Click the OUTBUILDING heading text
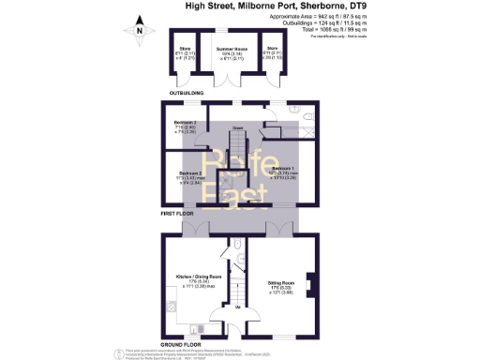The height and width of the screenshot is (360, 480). coord(187,95)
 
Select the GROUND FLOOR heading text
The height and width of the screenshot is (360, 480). coord(183,345)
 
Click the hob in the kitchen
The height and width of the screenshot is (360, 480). coord(169,307)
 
